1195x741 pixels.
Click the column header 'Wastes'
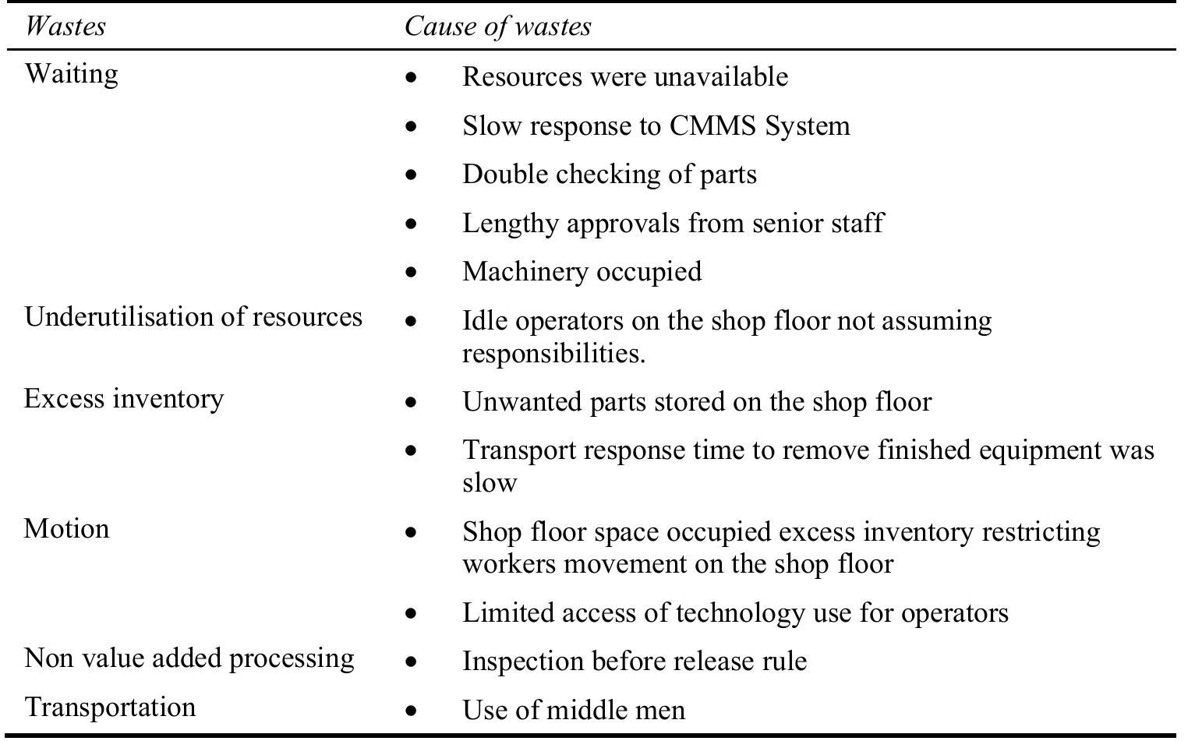(65, 26)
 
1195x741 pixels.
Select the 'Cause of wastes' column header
(497, 26)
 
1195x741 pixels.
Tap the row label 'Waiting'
(71, 74)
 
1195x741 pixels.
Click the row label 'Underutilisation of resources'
(193, 317)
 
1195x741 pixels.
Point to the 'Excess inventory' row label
(124, 399)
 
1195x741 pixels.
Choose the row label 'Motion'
(66, 529)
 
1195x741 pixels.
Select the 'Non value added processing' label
(189, 658)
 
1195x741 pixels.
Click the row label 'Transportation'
(110, 707)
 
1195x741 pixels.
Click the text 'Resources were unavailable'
(624, 77)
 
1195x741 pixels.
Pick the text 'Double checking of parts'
(609, 175)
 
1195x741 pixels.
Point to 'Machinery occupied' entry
(582, 272)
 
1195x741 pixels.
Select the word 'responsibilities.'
(553, 354)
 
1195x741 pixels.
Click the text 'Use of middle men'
(574, 711)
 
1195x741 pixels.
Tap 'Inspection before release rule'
(634, 662)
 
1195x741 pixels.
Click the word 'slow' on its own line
(489, 483)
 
